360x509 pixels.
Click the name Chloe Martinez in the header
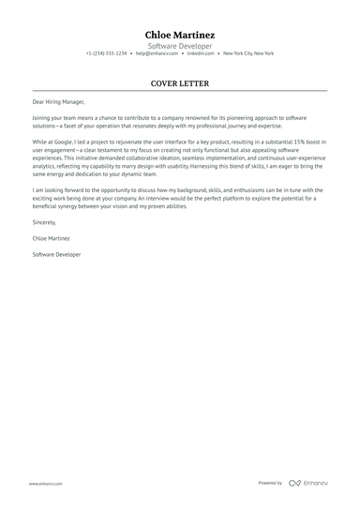(x=179, y=35)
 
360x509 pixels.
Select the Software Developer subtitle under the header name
(x=179, y=45)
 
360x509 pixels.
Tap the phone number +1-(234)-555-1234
(x=106, y=53)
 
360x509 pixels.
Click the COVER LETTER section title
(x=179, y=83)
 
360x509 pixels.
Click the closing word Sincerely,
(x=44, y=223)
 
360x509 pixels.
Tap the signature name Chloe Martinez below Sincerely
(x=52, y=239)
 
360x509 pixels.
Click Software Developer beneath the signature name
(x=56, y=254)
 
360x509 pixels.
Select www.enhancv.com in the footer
(x=45, y=483)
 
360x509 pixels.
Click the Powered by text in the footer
(x=270, y=483)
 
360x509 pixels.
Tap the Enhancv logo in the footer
(x=309, y=483)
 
